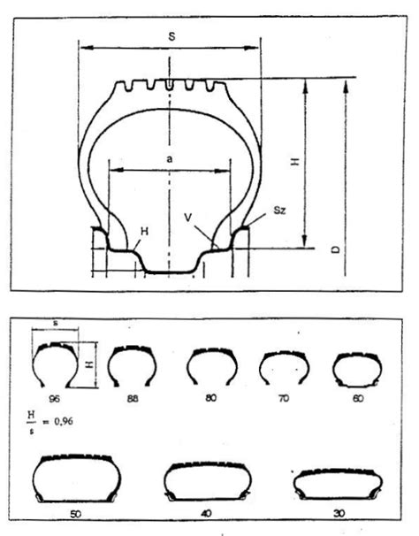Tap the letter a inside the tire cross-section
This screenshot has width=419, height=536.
pyautogui.click(x=169, y=158)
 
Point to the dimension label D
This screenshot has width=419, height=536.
pyautogui.click(x=337, y=252)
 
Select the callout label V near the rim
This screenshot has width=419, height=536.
pyautogui.click(x=188, y=216)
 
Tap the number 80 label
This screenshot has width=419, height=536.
pyautogui.click(x=210, y=397)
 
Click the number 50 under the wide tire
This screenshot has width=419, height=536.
pyautogui.click(x=73, y=512)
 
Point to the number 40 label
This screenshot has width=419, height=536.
pyautogui.click(x=207, y=512)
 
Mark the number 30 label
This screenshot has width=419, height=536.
pyautogui.click(x=339, y=512)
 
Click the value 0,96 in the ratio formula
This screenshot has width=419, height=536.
pyautogui.click(x=61, y=421)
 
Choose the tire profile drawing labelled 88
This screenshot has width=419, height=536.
pyautogui.click(x=133, y=365)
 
